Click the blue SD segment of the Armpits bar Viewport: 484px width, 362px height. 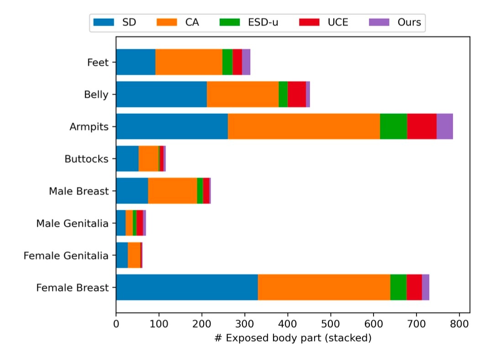(172, 126)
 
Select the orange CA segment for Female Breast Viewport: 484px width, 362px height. (324, 287)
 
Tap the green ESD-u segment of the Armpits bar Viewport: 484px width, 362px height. (393, 126)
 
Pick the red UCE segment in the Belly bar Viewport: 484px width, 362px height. (297, 94)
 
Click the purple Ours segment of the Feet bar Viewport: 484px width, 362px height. (246, 62)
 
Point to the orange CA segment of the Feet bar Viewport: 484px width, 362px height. (189, 62)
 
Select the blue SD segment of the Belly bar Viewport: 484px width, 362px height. (161, 94)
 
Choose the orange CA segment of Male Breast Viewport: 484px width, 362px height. (172, 191)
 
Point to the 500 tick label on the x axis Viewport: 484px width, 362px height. (330, 324)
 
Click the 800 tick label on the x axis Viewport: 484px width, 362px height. (459, 324)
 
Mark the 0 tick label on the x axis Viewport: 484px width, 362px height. (116, 324)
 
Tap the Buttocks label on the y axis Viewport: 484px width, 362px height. (87, 159)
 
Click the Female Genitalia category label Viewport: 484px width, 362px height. (66, 256)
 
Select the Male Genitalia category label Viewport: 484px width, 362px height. (73, 224)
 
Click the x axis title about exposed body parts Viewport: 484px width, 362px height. (293, 338)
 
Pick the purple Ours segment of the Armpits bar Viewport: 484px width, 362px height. (444, 126)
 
